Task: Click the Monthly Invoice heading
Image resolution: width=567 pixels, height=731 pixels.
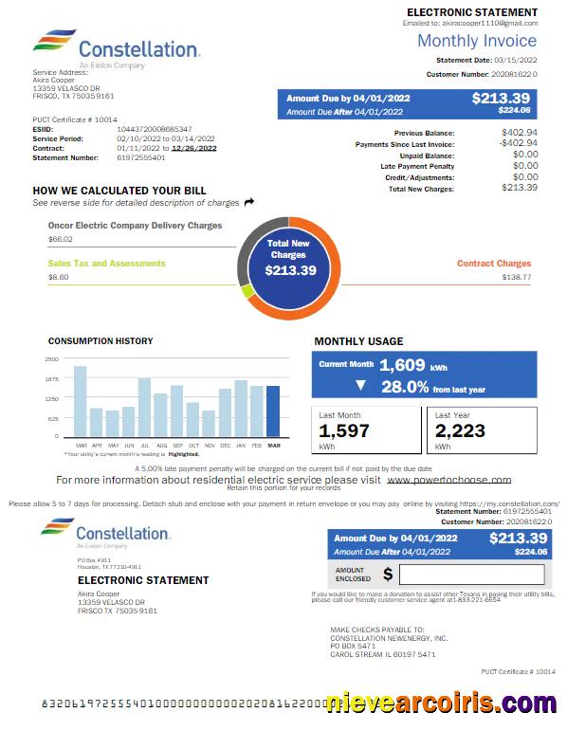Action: coord(477,41)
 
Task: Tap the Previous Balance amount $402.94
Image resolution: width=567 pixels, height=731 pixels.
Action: coord(519,133)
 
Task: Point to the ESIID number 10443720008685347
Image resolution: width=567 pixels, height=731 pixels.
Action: coord(155,128)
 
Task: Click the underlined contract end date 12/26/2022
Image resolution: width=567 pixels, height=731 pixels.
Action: coord(193,148)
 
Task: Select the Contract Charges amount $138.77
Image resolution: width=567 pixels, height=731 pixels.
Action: coord(516,278)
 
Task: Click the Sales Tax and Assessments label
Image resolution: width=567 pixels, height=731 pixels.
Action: coord(106,264)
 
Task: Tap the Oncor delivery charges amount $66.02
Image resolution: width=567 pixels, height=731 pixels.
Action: coord(60,239)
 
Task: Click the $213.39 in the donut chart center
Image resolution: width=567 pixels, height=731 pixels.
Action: coord(288,270)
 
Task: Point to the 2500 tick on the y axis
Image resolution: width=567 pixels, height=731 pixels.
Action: coord(51,359)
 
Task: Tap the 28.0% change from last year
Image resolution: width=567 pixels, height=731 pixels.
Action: coord(405,386)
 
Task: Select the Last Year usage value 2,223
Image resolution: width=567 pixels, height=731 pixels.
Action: coord(460,431)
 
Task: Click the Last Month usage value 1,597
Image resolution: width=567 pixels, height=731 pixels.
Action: coord(343,431)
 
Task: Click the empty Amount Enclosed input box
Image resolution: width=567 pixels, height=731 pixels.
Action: coord(471,574)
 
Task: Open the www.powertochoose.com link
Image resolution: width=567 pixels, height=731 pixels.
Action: coord(449,480)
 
